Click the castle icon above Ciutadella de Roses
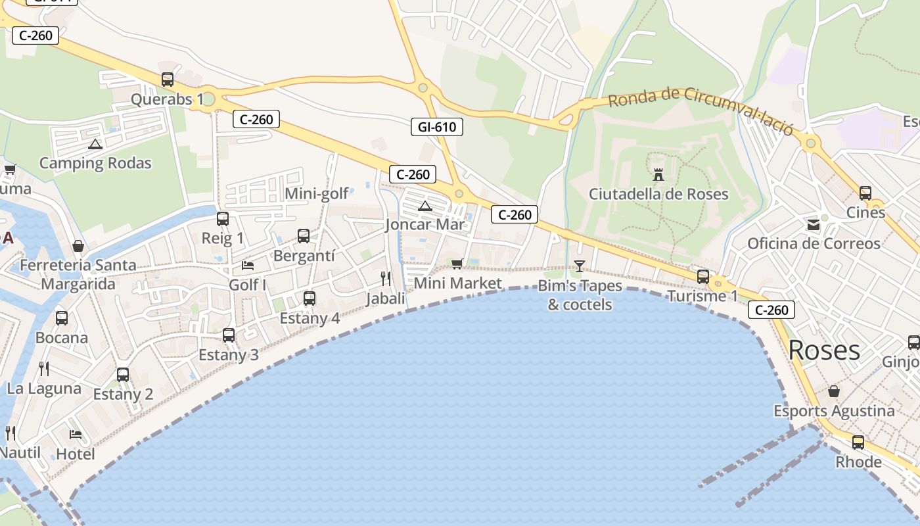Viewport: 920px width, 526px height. point(658,174)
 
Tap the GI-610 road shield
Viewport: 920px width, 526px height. point(436,127)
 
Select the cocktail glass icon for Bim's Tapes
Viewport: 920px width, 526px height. point(579,266)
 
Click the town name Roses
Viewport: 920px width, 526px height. point(824,350)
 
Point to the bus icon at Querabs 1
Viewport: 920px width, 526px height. point(168,80)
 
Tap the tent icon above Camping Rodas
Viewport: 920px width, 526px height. point(95,144)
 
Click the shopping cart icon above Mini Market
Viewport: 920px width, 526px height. point(457,264)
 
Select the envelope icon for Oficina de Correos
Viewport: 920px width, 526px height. point(814,225)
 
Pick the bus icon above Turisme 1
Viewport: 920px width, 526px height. point(703,277)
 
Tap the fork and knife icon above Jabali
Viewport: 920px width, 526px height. point(386,279)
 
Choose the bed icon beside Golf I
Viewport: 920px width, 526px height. point(248,265)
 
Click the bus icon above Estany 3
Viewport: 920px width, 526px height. point(229,335)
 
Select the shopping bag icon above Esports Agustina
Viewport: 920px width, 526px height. point(833,392)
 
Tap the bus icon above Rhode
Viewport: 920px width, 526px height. point(858,442)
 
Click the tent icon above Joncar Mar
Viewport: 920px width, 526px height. point(425,206)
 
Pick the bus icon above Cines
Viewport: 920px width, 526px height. point(865,193)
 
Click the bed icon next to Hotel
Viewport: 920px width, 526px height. point(76,435)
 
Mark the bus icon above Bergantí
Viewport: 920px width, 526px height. point(304,236)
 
